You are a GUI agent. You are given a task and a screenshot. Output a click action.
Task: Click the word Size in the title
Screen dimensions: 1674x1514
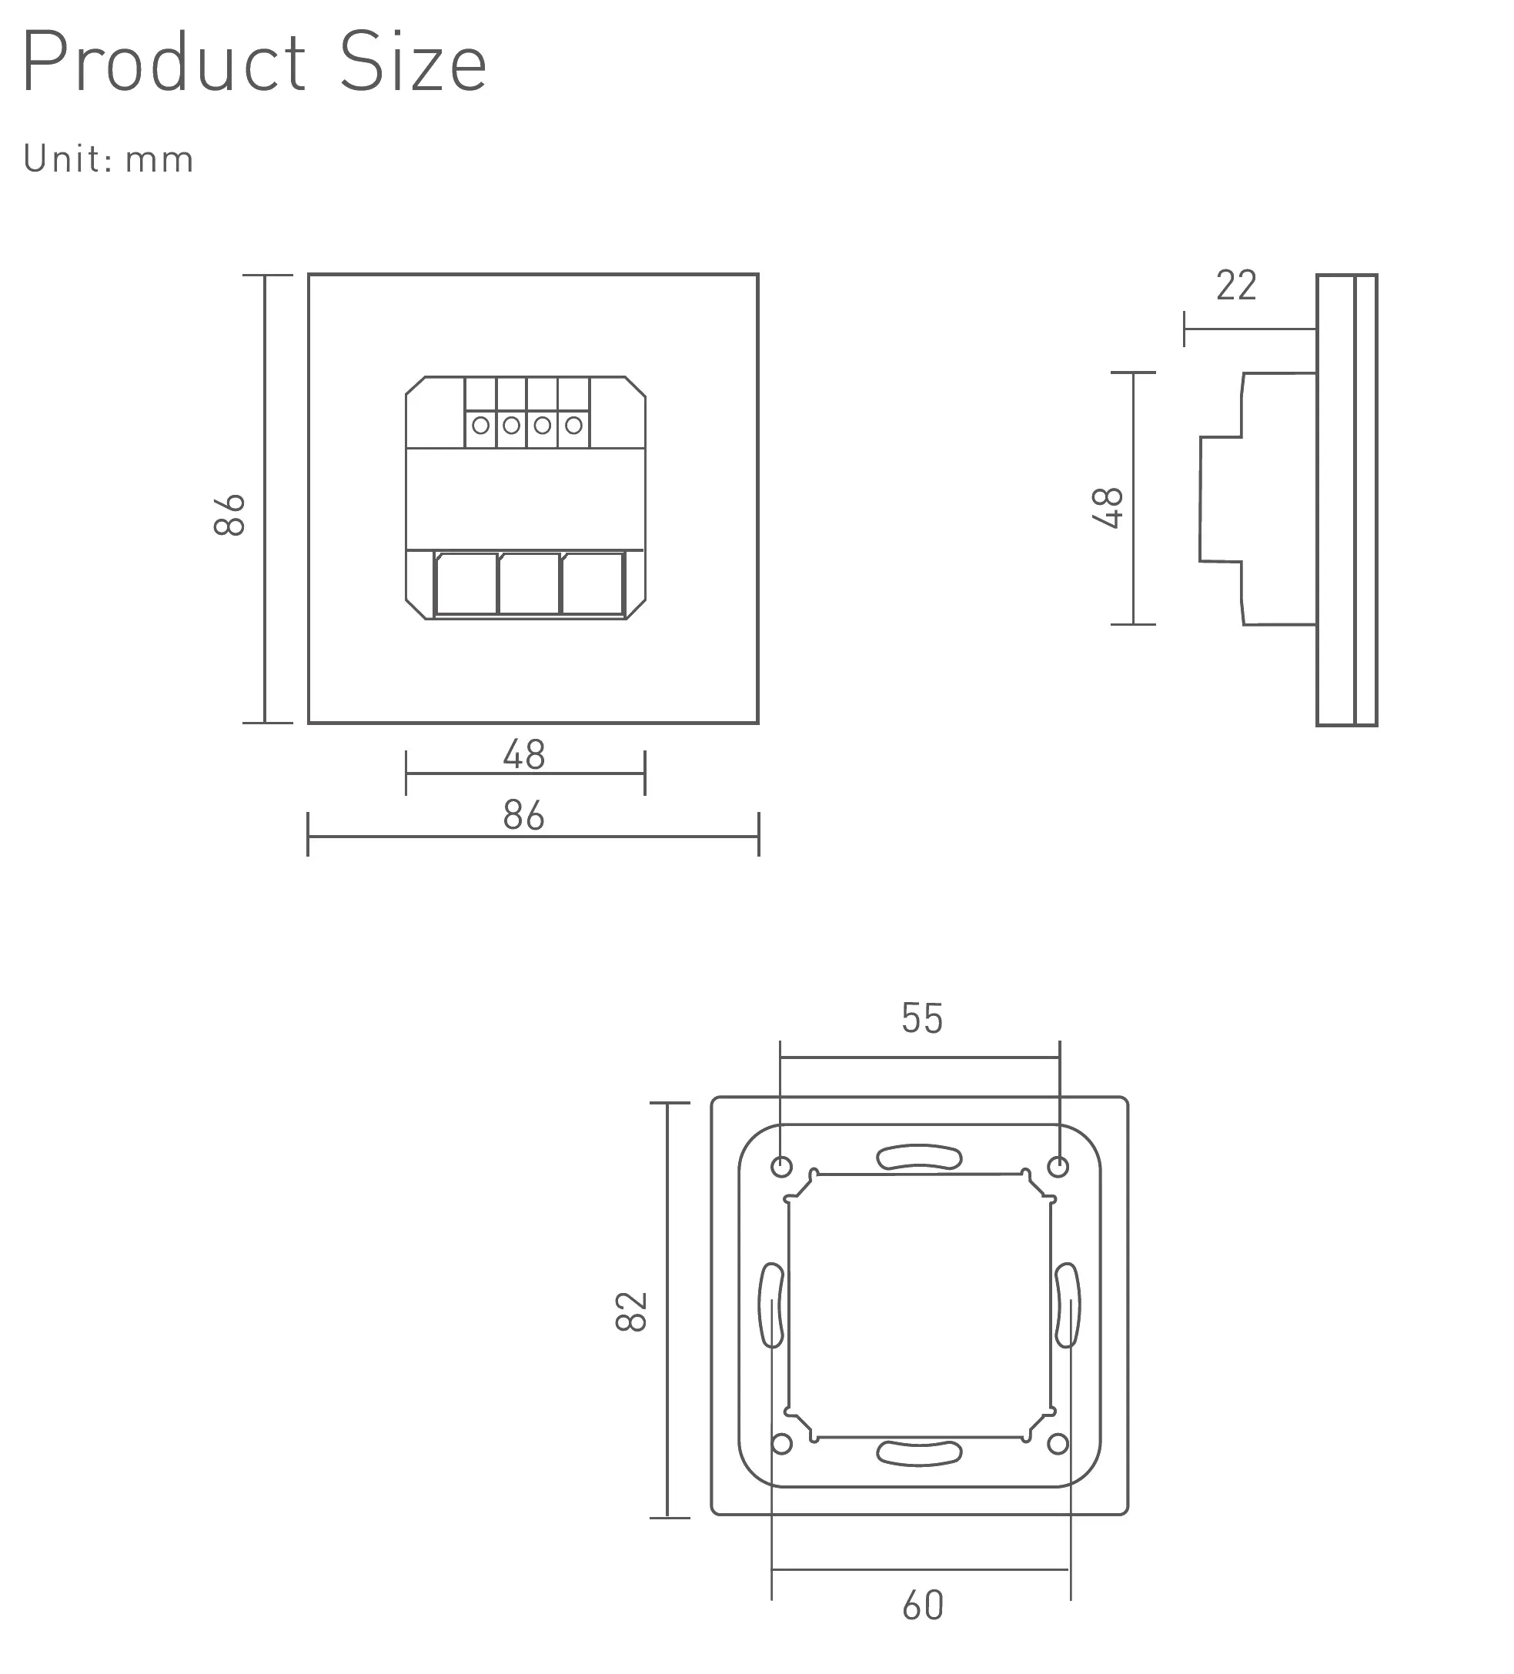pyautogui.click(x=413, y=63)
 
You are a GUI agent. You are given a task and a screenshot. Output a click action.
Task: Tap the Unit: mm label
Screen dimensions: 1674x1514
pyautogui.click(x=108, y=159)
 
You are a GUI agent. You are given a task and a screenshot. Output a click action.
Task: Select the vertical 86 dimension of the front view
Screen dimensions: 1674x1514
pyautogui.click(x=229, y=515)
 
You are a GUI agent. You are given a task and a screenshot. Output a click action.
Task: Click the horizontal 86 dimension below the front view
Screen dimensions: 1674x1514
pyautogui.click(x=523, y=815)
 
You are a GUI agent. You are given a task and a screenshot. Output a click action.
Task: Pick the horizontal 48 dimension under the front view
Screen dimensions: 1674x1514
pyautogui.click(x=523, y=755)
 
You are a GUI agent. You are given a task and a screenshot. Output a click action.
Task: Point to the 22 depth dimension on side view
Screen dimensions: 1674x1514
pyautogui.click(x=1236, y=286)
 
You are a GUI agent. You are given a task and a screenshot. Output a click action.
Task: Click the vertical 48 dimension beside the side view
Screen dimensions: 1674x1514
pyautogui.click(x=1108, y=508)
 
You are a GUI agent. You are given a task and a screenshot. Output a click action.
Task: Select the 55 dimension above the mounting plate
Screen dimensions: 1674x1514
pyautogui.click(x=922, y=1019)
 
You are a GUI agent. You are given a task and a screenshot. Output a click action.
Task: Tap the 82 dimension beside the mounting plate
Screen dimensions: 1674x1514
pyautogui.click(x=631, y=1311)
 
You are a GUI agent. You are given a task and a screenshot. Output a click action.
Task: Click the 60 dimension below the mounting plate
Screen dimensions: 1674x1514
pyautogui.click(x=923, y=1605)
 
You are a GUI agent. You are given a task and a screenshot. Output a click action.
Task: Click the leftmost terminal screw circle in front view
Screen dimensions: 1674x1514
pyautogui.click(x=480, y=425)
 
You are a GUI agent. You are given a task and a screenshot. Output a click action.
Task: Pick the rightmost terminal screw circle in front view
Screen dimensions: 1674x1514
pyautogui.click(x=573, y=425)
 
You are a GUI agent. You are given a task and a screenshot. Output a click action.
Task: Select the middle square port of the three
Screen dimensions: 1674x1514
pyautogui.click(x=530, y=583)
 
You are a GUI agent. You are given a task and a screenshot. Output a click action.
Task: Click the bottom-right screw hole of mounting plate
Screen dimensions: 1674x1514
pyautogui.click(x=1058, y=1444)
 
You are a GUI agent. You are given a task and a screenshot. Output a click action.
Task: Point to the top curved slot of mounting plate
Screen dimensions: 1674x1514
pyautogui.click(x=919, y=1157)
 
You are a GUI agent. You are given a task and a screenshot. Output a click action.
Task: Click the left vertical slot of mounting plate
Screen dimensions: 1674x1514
pyautogui.click(x=771, y=1305)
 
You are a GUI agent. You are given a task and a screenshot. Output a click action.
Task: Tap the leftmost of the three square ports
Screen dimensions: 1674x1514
pyautogui.click(x=466, y=583)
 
